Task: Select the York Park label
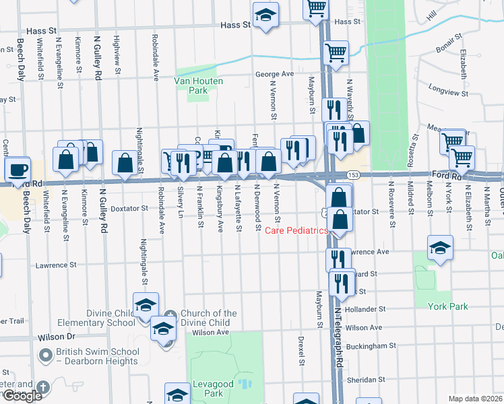coord(447,306)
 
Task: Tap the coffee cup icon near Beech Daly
coord(18,169)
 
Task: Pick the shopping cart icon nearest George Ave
coord(336,52)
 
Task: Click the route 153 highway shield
coord(352,174)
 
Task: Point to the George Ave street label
coord(274,74)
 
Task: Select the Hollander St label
coord(365,309)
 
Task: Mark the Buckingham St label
coord(370,345)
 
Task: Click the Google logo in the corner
coord(22,395)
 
